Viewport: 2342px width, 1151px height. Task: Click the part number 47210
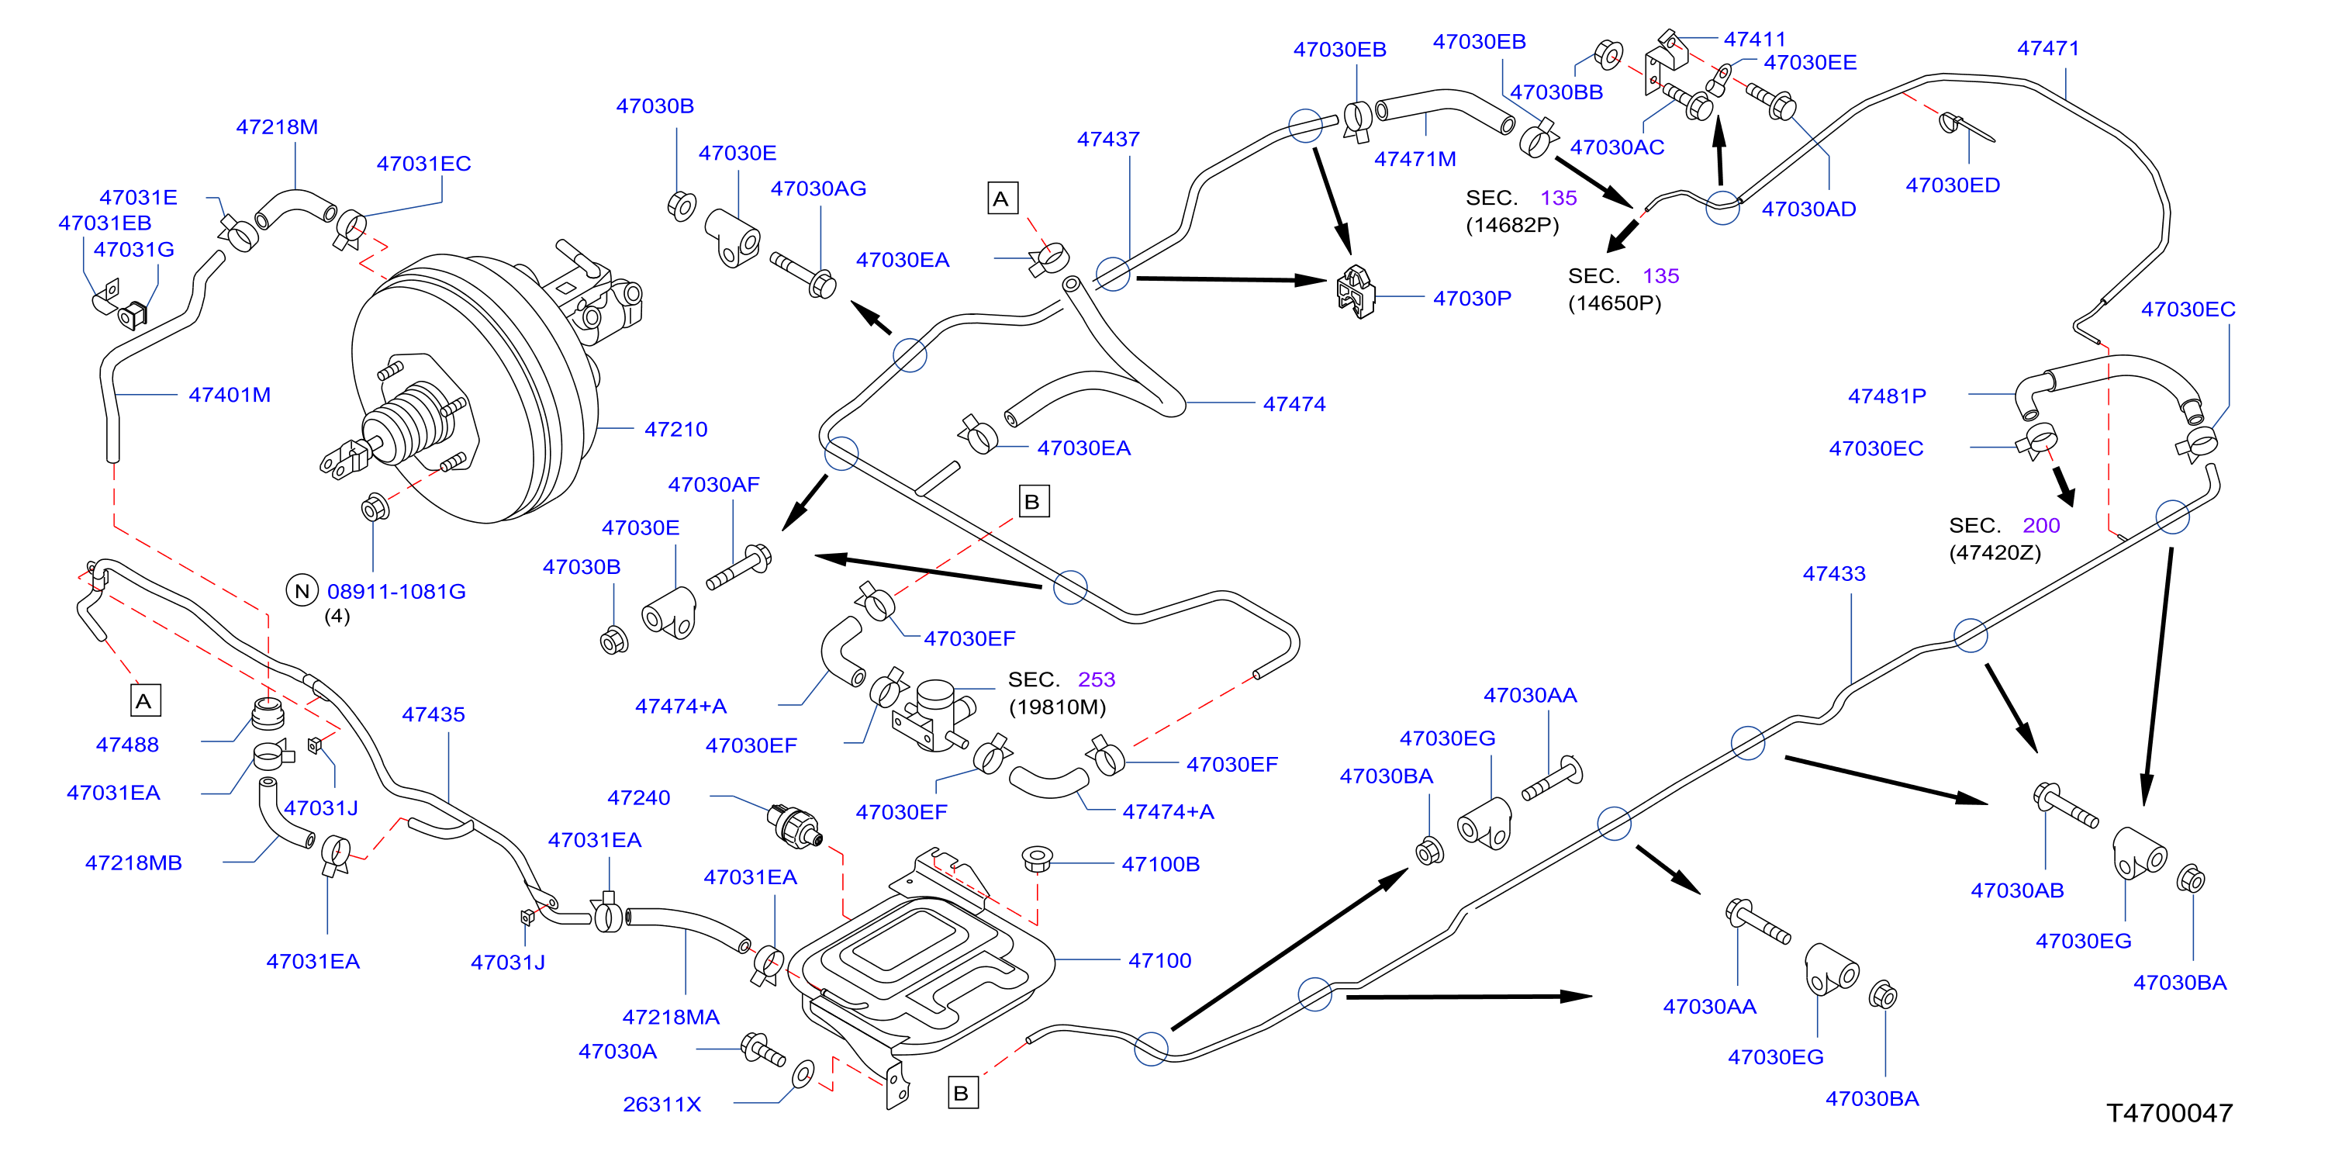[x=675, y=429]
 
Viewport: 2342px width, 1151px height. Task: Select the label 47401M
[x=229, y=395]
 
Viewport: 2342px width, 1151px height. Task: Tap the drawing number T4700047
[x=2169, y=1113]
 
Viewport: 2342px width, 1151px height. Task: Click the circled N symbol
[x=302, y=591]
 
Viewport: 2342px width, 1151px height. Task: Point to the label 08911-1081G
[x=396, y=591]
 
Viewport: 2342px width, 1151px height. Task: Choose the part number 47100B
[x=1160, y=864]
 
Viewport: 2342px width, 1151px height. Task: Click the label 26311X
[x=661, y=1104]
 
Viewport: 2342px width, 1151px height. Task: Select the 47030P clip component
[x=1355, y=292]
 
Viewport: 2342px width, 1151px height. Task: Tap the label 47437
[x=1108, y=139]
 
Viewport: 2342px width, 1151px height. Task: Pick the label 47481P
[x=1887, y=396]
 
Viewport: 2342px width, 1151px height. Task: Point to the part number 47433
[x=1834, y=574]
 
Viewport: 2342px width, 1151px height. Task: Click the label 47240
[x=638, y=797]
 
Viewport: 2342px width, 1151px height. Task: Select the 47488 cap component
[x=268, y=714]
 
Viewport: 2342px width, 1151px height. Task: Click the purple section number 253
[x=1097, y=679]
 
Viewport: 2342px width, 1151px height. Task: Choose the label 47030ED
[x=1953, y=185]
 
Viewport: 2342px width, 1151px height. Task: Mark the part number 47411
[x=1755, y=39]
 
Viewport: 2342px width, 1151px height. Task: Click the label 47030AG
[x=818, y=188]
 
